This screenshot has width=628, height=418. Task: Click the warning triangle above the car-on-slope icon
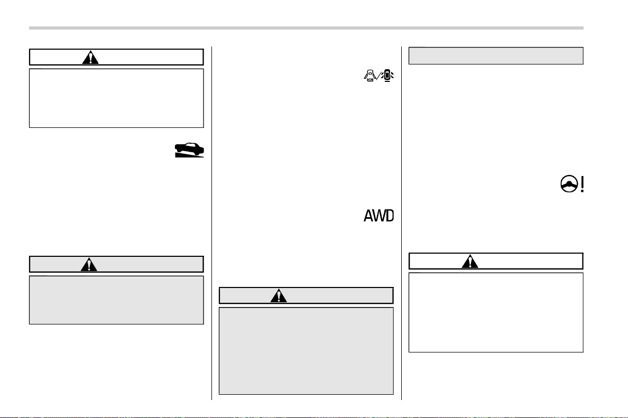pos(90,58)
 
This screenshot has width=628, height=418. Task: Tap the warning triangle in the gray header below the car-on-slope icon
pos(89,265)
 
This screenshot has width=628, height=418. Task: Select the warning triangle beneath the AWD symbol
pos(279,296)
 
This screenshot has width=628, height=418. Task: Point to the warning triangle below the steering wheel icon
pos(470,262)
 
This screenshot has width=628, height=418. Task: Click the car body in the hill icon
pos(189,149)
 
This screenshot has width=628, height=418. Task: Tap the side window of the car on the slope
pos(192,146)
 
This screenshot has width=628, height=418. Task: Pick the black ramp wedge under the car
pos(188,155)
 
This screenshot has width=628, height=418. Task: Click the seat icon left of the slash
pos(370,76)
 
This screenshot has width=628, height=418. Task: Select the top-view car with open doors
pos(387,76)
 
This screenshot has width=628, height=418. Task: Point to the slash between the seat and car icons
pos(378,76)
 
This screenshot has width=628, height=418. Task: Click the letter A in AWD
pos(368,216)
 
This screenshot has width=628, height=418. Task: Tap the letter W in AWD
pos(378,216)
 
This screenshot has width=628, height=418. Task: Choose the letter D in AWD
pos(390,216)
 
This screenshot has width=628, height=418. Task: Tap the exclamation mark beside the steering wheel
pos(582,184)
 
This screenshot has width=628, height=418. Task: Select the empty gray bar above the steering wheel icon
pos(496,55)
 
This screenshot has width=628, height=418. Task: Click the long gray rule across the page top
pos(306,28)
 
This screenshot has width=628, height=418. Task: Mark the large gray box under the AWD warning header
pos(306,351)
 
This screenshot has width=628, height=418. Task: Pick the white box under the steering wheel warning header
pos(496,313)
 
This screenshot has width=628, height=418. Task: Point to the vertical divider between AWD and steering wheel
pos(401,223)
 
